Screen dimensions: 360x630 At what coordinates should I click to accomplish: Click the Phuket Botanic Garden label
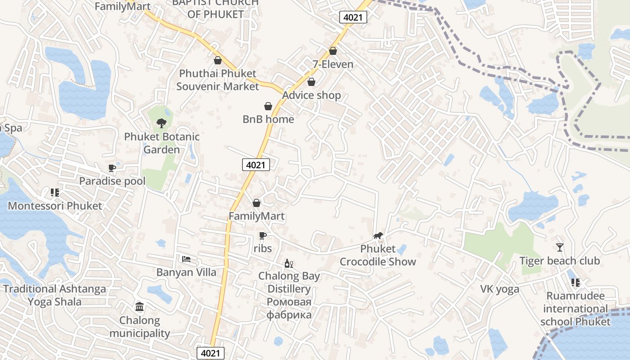pos(162,143)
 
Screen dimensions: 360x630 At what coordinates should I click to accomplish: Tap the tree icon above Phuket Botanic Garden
pos(162,122)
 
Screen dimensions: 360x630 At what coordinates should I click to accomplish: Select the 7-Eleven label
pos(333,64)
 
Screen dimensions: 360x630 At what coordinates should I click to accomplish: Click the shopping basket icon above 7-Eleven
pos(333,51)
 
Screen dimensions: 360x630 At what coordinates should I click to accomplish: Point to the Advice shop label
pos(311,95)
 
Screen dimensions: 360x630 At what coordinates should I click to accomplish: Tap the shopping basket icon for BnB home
pos(268,106)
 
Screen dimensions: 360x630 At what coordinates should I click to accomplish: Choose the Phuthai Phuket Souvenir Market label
pos(218,80)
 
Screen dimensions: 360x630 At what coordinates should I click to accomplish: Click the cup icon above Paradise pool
pos(112,168)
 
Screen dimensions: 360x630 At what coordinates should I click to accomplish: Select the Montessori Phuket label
pos(55,206)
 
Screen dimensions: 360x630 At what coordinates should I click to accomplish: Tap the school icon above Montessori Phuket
pos(55,193)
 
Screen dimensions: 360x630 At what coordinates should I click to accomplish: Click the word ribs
pos(263,248)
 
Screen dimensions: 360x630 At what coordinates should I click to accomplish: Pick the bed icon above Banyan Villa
pos(186,259)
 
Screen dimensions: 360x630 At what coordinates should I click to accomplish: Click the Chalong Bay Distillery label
pos(289,282)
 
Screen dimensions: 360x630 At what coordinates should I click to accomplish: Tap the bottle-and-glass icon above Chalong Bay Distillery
pos(288,263)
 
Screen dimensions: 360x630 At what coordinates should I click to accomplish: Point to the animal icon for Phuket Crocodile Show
pos(378,235)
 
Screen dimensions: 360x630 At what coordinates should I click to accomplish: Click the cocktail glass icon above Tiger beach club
pos(560,247)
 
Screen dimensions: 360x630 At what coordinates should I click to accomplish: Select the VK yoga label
pos(499,289)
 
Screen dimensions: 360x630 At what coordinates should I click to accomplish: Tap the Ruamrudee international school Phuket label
pos(576,309)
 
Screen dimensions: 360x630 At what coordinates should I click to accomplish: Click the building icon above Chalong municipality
pos(139,307)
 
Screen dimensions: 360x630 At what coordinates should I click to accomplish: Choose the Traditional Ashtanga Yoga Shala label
pos(55,295)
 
